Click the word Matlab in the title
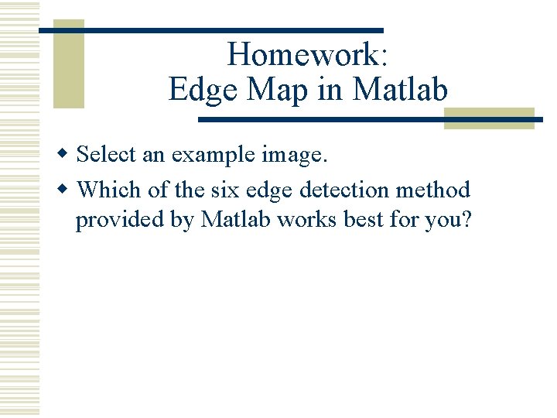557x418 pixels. (x=400, y=90)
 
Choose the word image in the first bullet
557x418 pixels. (x=295, y=156)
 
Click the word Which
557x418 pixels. (x=109, y=190)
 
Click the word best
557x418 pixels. (x=364, y=220)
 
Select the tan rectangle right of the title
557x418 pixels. (x=489, y=118)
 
